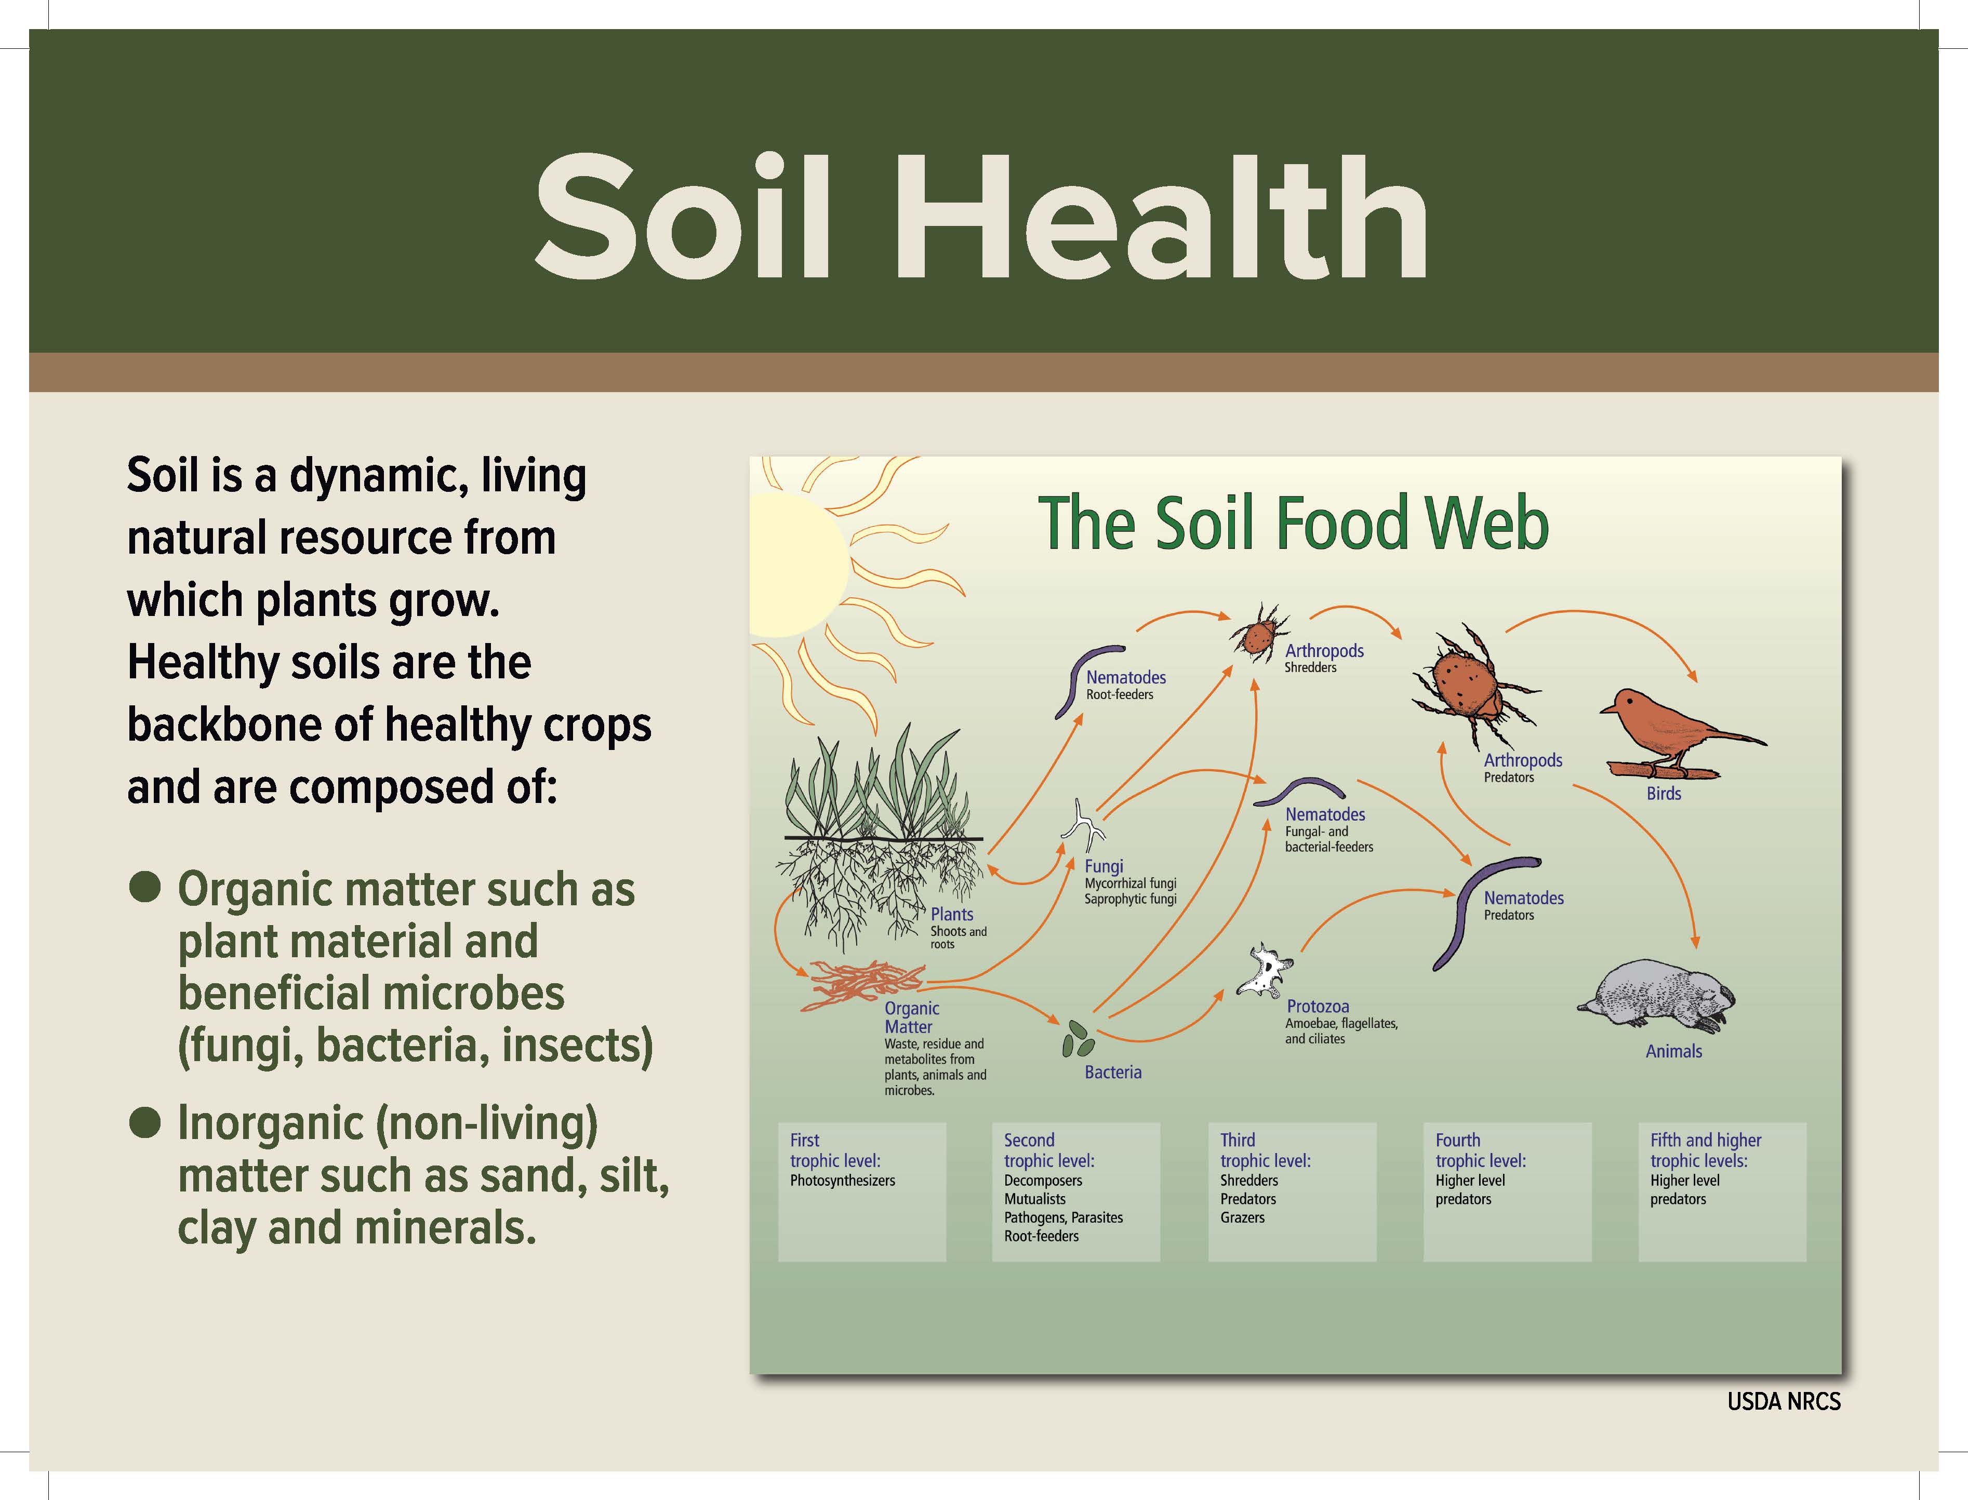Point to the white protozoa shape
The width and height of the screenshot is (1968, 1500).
[x=1265, y=971]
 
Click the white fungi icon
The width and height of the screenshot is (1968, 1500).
[x=1083, y=826]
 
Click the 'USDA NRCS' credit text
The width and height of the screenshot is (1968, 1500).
[x=1783, y=1402]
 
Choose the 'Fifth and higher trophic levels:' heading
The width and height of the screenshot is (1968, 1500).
[x=1706, y=1150]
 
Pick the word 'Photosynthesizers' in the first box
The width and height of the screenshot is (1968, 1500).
[x=842, y=1181]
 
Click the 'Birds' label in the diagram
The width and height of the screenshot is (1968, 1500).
[x=1664, y=793]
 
